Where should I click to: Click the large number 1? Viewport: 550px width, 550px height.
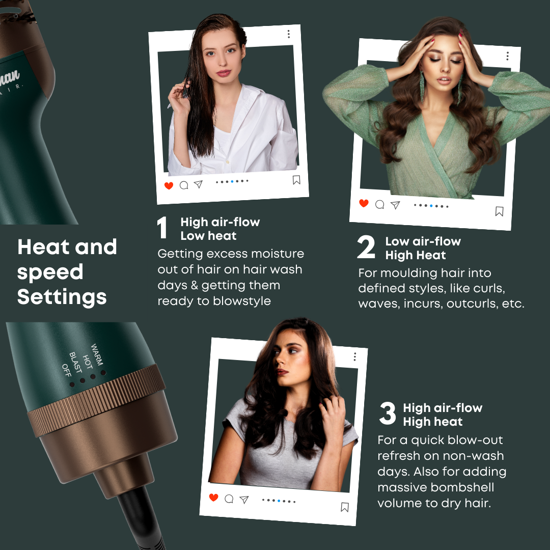pos(162,228)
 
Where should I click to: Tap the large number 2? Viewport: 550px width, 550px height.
pos(366,248)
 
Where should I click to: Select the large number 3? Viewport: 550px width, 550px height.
pos(388,414)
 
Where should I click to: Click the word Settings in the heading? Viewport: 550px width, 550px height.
pos(62,297)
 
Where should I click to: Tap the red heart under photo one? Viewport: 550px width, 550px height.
pos(169,186)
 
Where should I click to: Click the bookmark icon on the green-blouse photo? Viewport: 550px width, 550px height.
pos(499,211)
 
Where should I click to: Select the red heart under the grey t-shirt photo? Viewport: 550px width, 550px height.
pos(214,498)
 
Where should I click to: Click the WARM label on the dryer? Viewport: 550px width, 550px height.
pos(97,354)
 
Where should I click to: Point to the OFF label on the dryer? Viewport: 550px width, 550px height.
pos(66,370)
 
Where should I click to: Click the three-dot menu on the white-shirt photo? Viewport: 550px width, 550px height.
pos(288,34)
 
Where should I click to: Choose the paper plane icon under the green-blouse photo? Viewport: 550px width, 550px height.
pos(395,205)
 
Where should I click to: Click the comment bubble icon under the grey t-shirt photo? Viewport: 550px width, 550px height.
pos(229,499)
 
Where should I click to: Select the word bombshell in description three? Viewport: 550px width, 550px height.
pos(461,487)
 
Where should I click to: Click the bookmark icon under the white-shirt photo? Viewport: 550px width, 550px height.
pos(296,180)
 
